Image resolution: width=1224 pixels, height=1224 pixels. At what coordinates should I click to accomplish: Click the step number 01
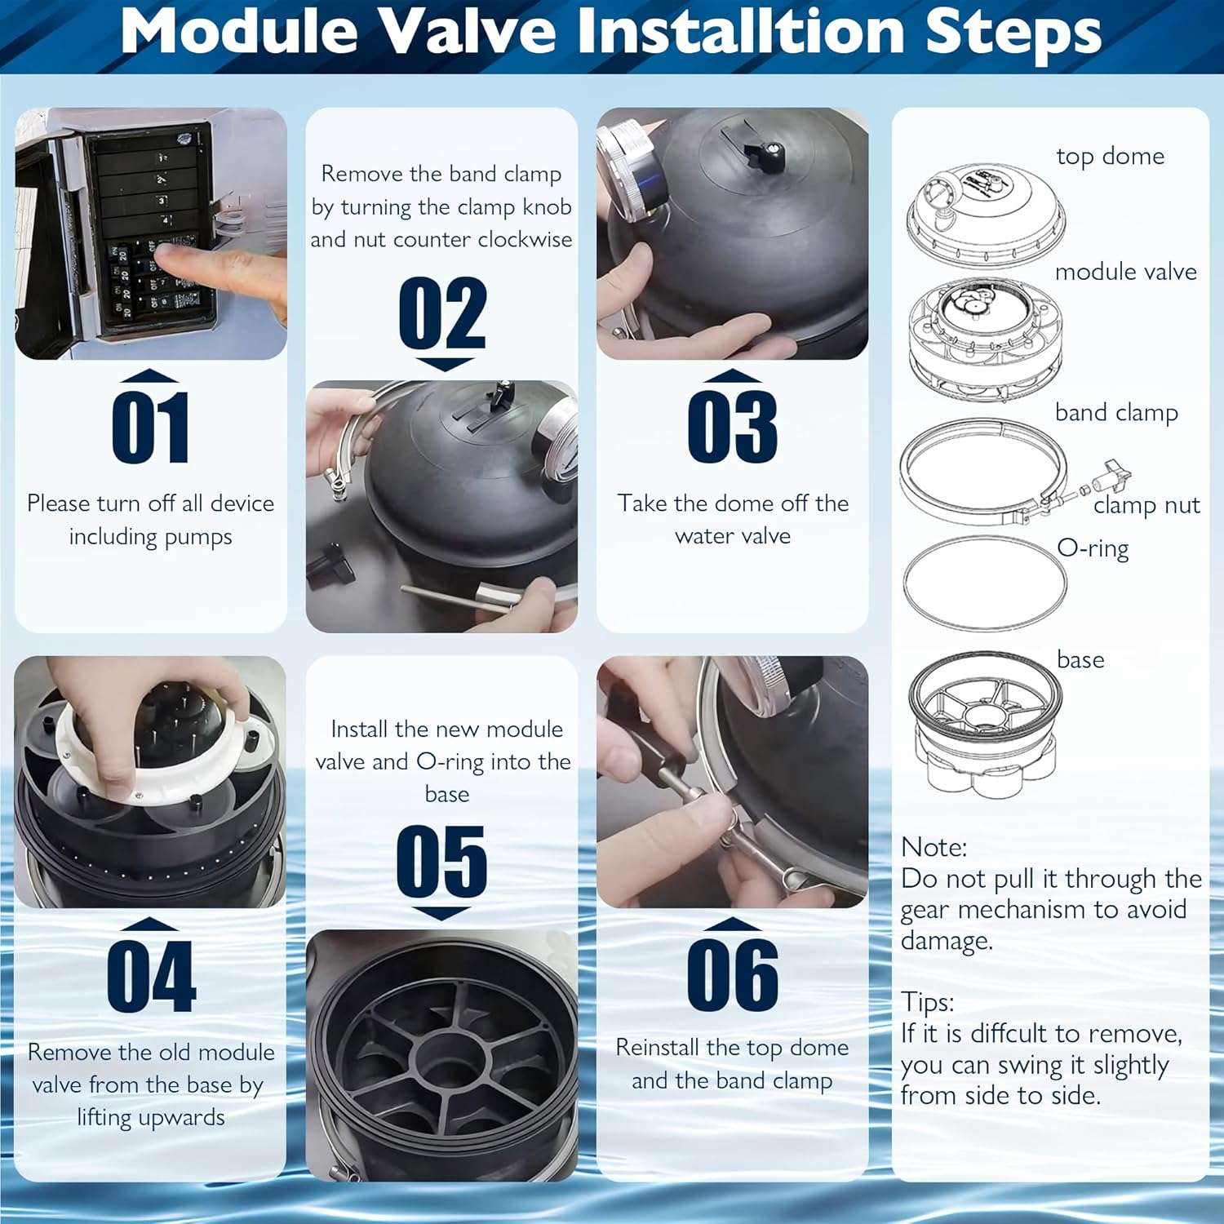click(x=151, y=427)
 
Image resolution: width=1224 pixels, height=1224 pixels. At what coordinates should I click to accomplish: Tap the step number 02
click(x=442, y=313)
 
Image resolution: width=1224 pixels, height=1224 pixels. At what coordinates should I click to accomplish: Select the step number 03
click(x=733, y=427)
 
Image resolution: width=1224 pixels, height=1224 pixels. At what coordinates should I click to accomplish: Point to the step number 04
click(x=152, y=976)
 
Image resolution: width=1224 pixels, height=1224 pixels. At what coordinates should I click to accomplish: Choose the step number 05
click(x=441, y=861)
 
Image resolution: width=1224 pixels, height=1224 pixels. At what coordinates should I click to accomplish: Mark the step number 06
click(x=733, y=975)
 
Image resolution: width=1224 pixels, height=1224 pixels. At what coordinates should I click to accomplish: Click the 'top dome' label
click(x=1110, y=157)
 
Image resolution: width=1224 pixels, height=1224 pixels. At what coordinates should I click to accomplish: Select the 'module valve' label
click(x=1126, y=272)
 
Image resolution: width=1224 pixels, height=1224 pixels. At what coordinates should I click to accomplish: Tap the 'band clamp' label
click(x=1116, y=413)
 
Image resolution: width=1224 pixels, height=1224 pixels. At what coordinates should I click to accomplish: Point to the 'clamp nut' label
click(x=1146, y=506)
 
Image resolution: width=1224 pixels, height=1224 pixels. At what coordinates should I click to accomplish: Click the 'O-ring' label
click(x=1093, y=548)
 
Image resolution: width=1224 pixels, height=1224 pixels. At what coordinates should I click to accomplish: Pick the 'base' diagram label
click(x=1080, y=659)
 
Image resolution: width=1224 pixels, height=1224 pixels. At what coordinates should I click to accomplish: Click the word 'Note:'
click(x=934, y=847)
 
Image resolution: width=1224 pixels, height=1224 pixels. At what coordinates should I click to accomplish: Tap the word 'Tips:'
click(x=928, y=1002)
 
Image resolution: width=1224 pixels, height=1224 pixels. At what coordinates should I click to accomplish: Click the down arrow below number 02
click(x=444, y=364)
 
